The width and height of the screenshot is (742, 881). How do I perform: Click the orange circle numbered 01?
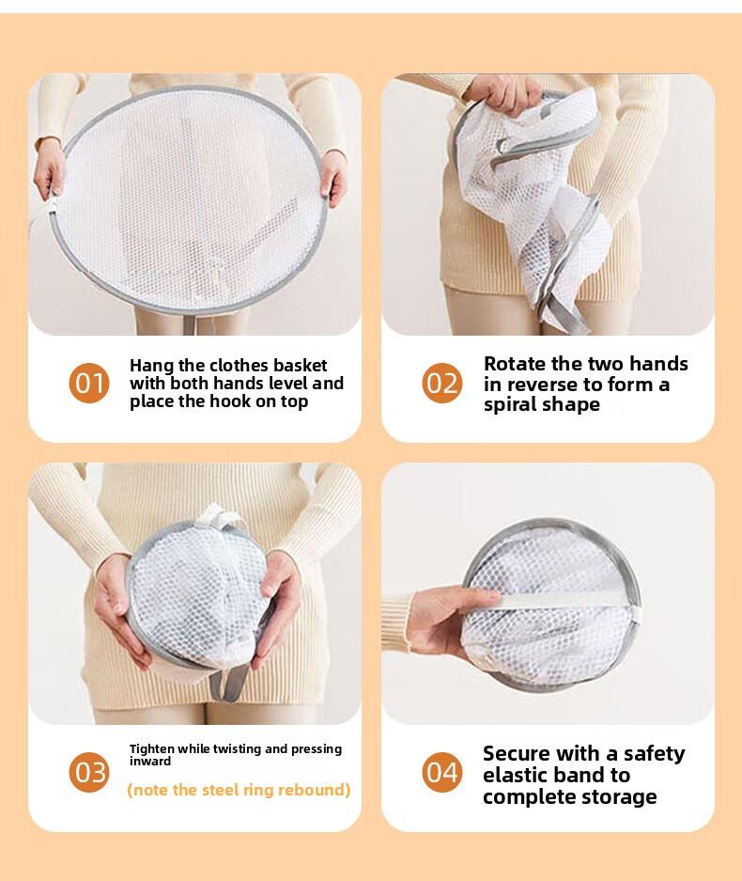coord(89,384)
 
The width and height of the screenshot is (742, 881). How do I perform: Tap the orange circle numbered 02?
coord(441,384)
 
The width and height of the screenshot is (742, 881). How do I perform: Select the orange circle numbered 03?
coord(89,772)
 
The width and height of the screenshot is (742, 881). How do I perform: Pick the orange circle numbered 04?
coord(441,772)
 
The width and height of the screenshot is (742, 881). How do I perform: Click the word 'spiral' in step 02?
coord(513,405)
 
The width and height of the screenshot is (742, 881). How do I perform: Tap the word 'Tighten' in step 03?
coord(151,748)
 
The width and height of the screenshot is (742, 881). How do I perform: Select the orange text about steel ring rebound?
coord(239,790)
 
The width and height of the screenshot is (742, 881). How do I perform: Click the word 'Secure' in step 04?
coord(518,753)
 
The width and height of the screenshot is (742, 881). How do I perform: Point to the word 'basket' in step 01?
coord(299,365)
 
